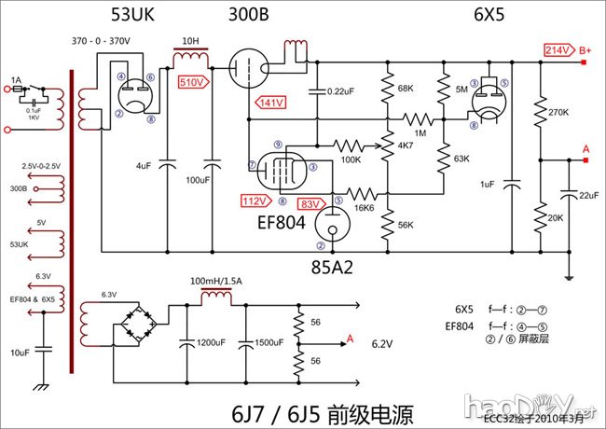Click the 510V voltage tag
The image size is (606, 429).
[191, 82]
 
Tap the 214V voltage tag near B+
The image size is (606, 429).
[557, 48]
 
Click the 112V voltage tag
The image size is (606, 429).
[253, 201]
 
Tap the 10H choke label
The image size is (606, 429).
[189, 42]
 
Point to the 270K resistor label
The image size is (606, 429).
[559, 112]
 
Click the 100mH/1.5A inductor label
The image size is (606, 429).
[216, 281]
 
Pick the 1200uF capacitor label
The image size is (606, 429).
[211, 342]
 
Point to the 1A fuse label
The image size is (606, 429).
[16, 80]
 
